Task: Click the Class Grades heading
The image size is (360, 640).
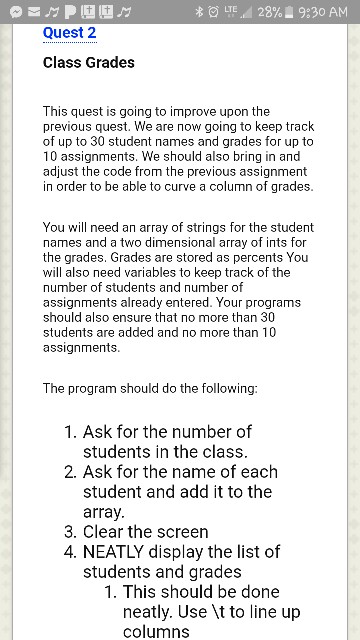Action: pos(88,63)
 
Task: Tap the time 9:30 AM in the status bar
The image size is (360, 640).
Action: pos(323,11)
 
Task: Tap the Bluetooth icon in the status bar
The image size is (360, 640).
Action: pos(200,11)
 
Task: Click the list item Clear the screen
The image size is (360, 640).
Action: pos(145,532)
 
